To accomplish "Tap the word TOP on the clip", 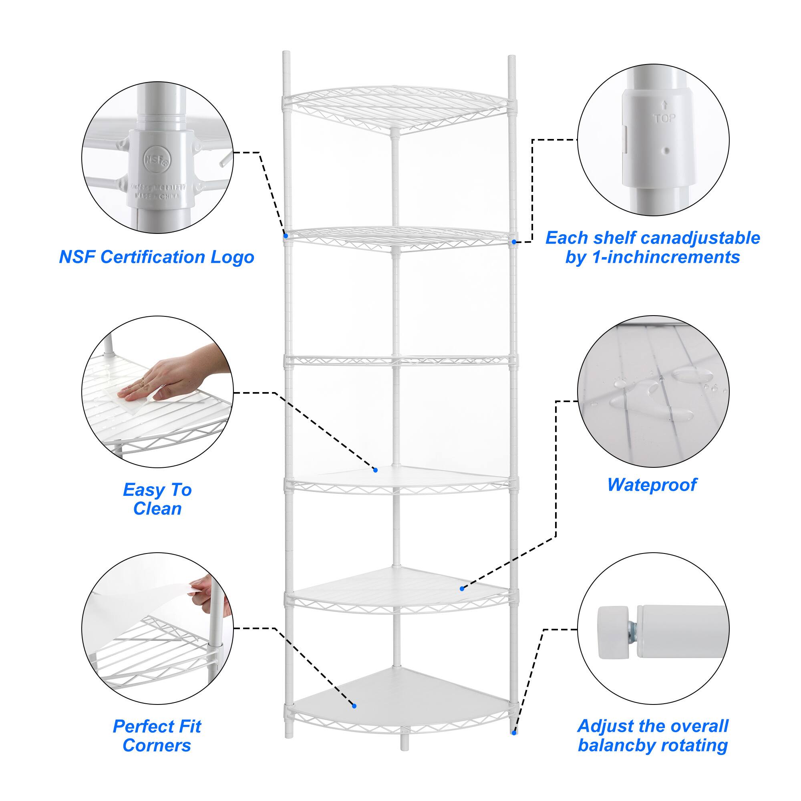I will (x=664, y=118).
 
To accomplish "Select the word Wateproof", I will (x=652, y=485).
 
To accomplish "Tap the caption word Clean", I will (x=157, y=509).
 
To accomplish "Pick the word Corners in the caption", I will (x=157, y=745).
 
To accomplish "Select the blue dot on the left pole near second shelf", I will (x=286, y=236).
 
